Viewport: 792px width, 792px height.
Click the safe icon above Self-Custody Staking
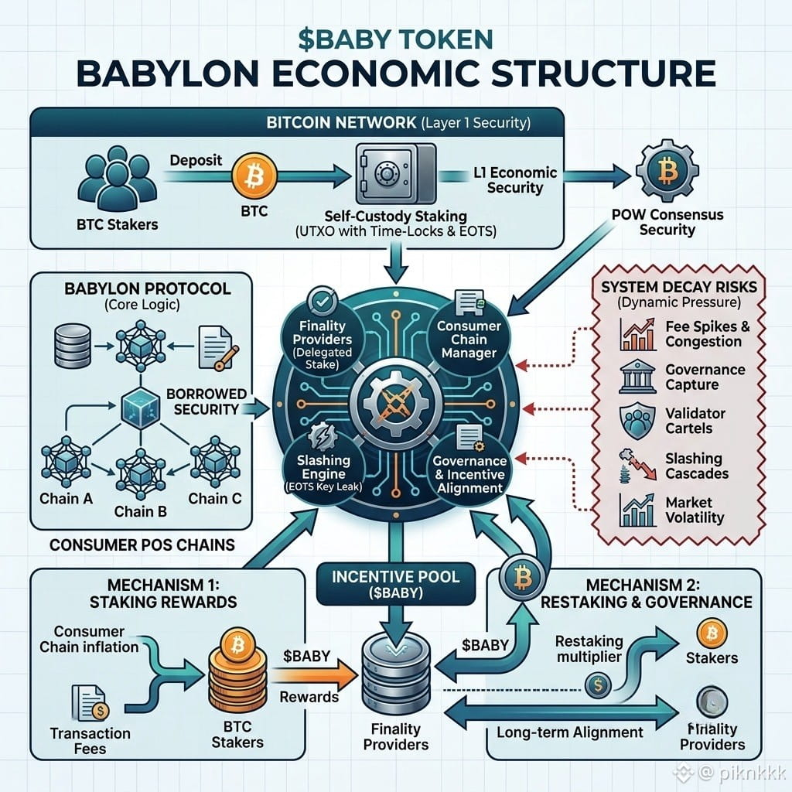coord(396,173)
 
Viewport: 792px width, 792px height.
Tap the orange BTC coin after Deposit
coord(254,176)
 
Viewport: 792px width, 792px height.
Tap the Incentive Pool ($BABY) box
coord(396,585)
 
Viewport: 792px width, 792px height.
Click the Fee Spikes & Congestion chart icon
coord(637,334)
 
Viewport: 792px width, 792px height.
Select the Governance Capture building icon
coord(637,377)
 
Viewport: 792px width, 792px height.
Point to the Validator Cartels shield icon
coord(637,421)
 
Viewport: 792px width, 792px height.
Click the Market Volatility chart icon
coord(637,510)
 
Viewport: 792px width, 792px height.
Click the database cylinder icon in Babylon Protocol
coord(73,346)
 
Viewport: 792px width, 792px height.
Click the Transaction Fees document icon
coord(90,702)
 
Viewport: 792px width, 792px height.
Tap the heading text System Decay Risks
coord(679,287)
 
